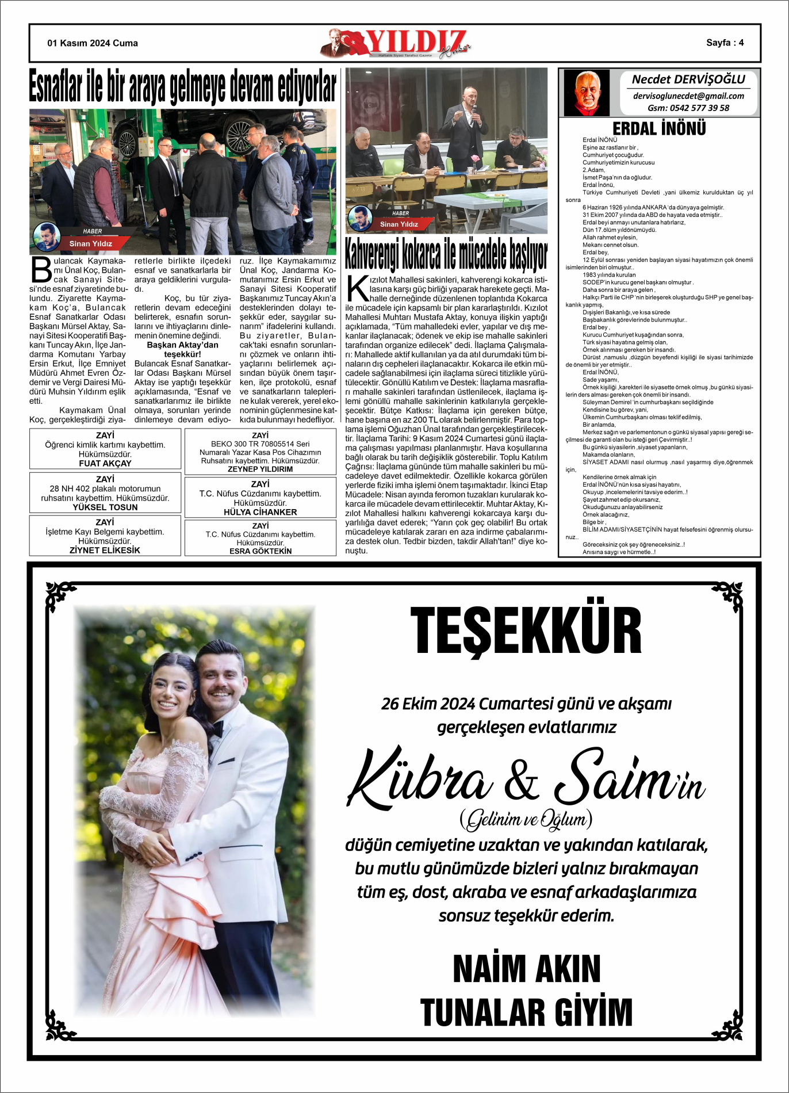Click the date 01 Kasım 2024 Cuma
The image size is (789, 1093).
pos(93,43)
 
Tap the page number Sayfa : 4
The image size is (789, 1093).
pos(725,43)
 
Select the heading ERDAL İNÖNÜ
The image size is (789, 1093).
pos(659,128)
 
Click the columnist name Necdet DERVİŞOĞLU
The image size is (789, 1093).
pos(688,79)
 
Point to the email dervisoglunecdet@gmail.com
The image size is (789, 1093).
pos(688,96)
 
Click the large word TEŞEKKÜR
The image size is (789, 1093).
pos(526,631)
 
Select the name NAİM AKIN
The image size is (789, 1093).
pos(526,969)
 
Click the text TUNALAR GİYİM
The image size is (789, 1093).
pos(526,1012)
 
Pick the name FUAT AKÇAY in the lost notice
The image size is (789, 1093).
pos(105,463)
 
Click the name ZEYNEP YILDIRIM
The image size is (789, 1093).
pos(260,469)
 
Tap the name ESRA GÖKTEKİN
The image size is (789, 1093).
pos(261,551)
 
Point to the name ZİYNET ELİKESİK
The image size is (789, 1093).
pos(105,550)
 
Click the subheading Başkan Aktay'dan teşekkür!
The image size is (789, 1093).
pos(182,349)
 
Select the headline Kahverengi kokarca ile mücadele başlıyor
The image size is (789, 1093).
pos(446,254)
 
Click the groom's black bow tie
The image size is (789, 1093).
pos(216,729)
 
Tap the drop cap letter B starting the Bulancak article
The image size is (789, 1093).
pos(41,270)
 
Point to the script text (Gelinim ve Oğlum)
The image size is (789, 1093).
pos(526,820)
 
